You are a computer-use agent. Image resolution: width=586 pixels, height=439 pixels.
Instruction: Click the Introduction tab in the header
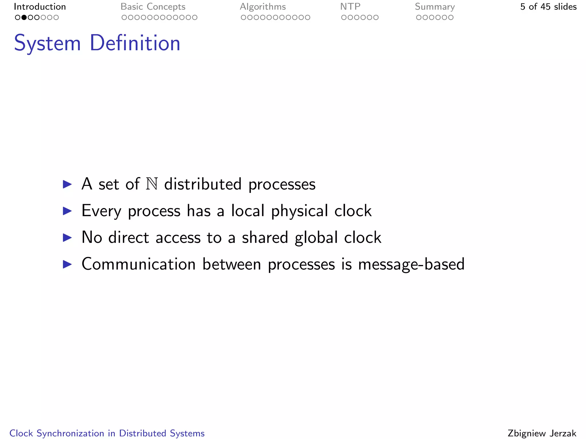[40, 7]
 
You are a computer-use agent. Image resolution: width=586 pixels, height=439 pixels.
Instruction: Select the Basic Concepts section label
[153, 7]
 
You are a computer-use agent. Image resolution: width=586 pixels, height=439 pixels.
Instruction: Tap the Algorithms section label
[263, 7]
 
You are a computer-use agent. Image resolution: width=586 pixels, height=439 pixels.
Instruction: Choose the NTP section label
[350, 7]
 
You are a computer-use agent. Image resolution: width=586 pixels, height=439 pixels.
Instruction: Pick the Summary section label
[435, 7]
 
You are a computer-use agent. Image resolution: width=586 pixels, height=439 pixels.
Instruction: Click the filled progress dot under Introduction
[24, 17]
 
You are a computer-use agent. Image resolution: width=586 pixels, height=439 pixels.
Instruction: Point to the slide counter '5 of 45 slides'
[548, 7]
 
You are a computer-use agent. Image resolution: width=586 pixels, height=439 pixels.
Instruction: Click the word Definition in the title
[135, 43]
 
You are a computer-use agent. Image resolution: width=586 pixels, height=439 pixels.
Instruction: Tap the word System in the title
[47, 43]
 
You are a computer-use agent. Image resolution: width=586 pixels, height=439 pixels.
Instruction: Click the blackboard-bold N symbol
[152, 184]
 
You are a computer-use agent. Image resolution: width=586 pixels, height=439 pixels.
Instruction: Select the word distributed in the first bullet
[203, 184]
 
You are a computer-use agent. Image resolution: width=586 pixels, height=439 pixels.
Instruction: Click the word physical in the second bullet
[299, 211]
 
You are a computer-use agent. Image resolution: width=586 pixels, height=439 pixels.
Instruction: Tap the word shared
[265, 238]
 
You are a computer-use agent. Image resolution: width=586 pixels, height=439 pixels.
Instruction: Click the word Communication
[138, 264]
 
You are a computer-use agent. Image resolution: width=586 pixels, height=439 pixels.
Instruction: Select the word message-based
[411, 264]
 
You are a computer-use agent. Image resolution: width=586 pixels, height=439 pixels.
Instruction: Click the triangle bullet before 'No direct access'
[67, 238]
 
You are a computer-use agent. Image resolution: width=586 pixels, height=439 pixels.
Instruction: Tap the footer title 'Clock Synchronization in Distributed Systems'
[107, 433]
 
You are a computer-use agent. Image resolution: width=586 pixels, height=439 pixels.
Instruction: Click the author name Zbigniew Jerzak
[542, 433]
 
